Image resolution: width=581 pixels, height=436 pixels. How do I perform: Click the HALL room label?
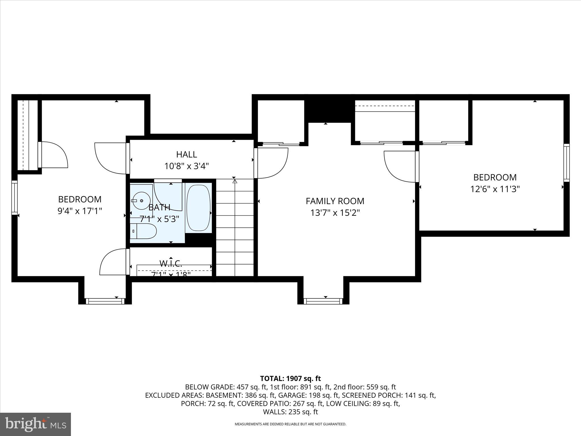[186, 154]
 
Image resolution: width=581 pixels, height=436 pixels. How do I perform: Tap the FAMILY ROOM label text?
[335, 201]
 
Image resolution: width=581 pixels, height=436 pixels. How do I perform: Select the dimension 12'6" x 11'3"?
[495, 189]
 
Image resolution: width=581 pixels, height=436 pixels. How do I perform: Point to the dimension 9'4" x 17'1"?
[80, 211]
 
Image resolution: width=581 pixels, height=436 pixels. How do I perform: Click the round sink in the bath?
[141, 200]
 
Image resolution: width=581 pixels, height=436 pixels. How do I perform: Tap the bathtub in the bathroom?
[198, 208]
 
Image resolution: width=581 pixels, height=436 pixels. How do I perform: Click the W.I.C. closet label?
[170, 264]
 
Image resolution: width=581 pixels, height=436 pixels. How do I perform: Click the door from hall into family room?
[271, 163]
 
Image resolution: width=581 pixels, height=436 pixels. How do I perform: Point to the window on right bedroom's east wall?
[566, 163]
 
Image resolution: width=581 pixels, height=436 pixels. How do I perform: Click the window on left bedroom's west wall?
[14, 198]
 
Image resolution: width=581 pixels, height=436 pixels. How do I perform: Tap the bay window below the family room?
[323, 301]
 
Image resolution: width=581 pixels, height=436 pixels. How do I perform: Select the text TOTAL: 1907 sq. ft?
[290, 378]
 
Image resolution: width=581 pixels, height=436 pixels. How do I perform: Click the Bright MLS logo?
[35, 424]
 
